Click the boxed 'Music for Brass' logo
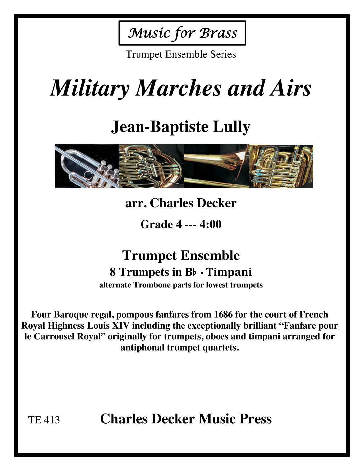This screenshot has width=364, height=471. [x=182, y=33]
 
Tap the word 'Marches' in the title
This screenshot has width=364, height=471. [x=179, y=88]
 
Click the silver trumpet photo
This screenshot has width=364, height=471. [x=87, y=166]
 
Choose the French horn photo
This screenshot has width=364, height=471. [x=151, y=166]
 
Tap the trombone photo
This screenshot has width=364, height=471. [x=216, y=166]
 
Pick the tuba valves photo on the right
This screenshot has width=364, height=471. [x=281, y=166]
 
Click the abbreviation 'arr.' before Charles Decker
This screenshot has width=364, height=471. [x=136, y=203]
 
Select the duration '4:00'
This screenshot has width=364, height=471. [x=210, y=225]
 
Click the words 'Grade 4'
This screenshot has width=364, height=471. [x=161, y=225]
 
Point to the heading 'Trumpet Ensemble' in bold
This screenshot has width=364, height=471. [x=181, y=255]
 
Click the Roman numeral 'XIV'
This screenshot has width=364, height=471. [x=120, y=326]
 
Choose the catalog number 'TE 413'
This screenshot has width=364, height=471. [x=44, y=420]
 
